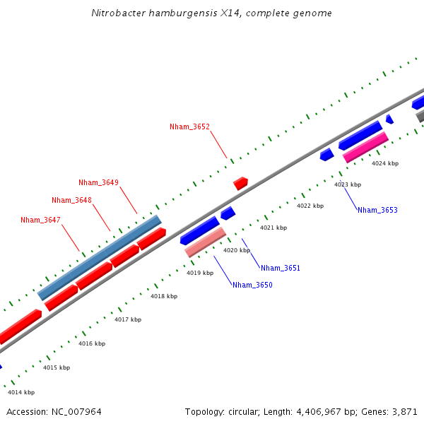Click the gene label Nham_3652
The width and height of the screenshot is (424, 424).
tap(189, 127)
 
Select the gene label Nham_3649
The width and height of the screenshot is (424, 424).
tap(98, 182)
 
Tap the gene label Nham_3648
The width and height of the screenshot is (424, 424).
tap(71, 200)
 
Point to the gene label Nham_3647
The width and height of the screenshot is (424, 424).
tap(40, 220)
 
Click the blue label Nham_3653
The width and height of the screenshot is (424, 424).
tap(377, 210)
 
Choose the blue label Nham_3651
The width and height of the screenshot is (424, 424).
tap(281, 268)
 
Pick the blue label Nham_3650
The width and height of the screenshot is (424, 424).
tap(252, 285)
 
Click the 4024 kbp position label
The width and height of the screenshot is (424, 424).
tap(385, 163)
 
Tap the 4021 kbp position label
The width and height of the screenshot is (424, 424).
tap(273, 228)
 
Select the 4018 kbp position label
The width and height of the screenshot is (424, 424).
tap(164, 296)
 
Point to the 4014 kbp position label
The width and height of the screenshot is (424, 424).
tap(21, 392)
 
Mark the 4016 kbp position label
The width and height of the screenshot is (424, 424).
tap(92, 343)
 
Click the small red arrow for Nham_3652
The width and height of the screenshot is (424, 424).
tap(240, 183)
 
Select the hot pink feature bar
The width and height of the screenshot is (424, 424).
tap(365, 147)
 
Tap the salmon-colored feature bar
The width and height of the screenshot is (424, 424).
tap(205, 242)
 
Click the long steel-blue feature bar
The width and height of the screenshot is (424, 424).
tap(99, 257)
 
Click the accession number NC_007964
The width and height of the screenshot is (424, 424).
tap(76, 411)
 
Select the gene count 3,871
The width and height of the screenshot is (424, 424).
tap(405, 411)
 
